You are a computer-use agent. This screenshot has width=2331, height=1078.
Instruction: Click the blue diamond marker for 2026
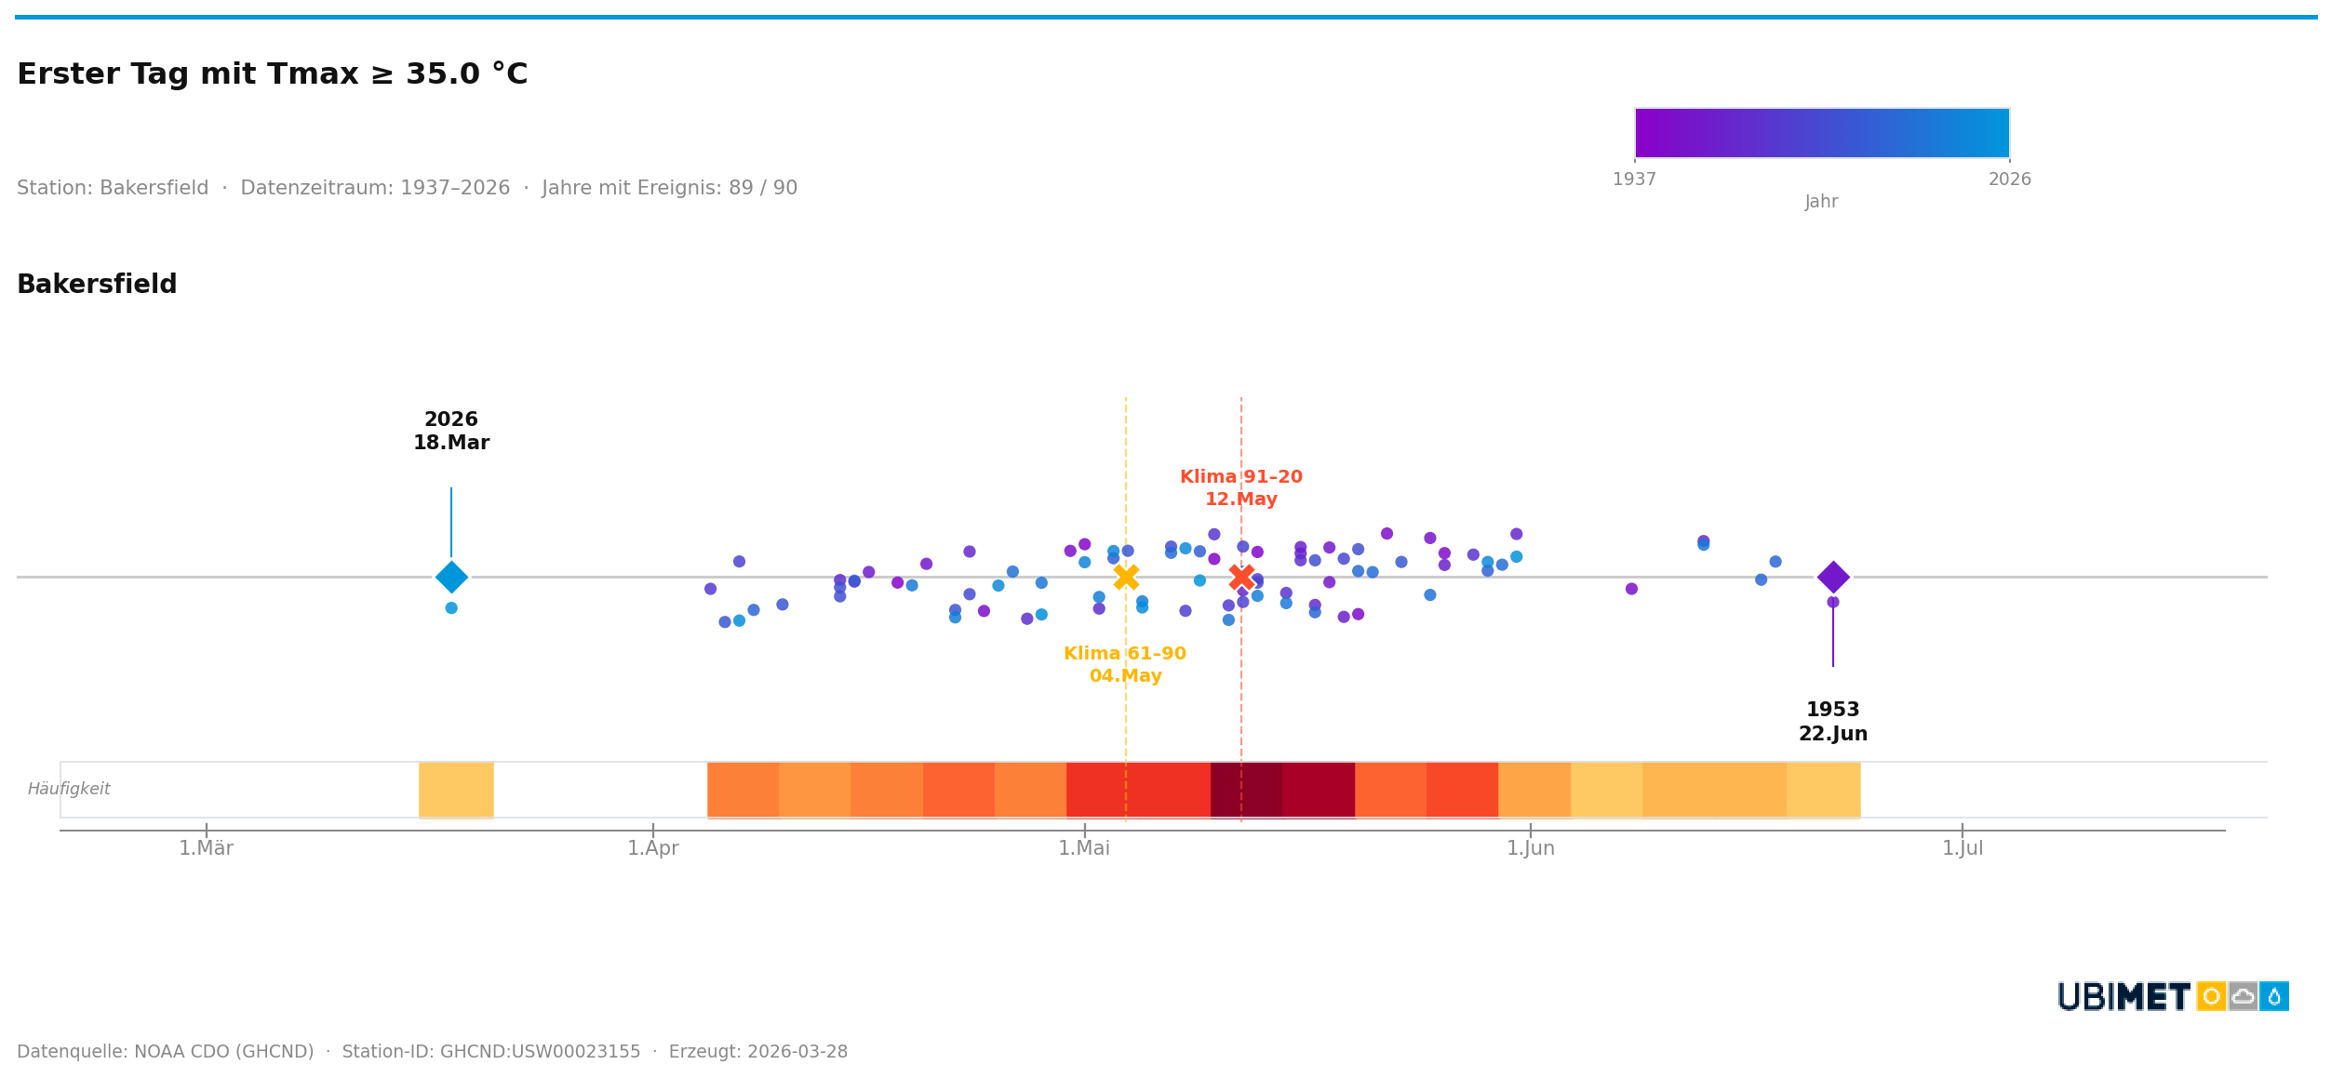tap(451, 577)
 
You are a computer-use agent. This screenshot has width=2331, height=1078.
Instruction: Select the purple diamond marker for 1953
tap(1832, 577)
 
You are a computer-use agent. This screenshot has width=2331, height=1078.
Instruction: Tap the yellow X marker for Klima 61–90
tap(1125, 577)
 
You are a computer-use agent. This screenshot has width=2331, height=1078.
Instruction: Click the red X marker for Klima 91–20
tap(1240, 577)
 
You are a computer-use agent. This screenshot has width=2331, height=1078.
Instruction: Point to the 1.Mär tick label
tap(206, 848)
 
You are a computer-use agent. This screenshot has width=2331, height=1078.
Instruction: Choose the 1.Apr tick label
tap(652, 848)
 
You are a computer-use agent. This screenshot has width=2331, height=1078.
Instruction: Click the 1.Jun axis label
tap(1530, 848)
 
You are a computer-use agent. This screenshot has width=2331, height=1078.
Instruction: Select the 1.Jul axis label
tap(1962, 848)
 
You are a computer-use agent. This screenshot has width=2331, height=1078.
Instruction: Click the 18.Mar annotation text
tap(451, 444)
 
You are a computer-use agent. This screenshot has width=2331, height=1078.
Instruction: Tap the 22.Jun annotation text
tap(1832, 734)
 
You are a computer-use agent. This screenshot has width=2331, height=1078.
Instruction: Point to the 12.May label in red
tap(1240, 499)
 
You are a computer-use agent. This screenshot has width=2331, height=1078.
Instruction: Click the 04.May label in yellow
tap(1125, 676)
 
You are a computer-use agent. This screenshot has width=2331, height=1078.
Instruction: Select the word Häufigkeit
tap(69, 789)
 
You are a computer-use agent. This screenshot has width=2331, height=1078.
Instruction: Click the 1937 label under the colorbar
tap(1634, 180)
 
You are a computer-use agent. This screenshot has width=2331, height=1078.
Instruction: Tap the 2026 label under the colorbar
tap(2009, 180)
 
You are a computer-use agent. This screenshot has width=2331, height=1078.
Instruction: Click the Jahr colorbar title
tap(1821, 202)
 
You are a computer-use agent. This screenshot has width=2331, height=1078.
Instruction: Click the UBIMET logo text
tap(2123, 997)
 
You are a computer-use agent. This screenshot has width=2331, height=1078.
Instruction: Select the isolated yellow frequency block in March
tap(456, 789)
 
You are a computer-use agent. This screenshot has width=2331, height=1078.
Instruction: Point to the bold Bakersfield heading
tap(97, 285)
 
